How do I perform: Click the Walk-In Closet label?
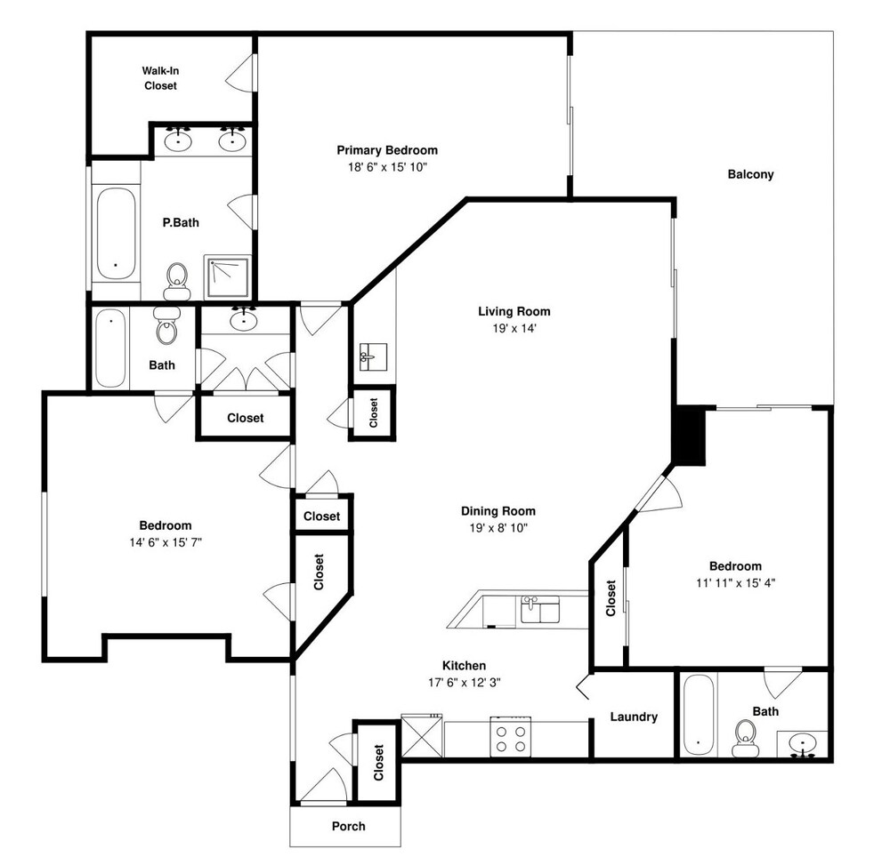click(160, 78)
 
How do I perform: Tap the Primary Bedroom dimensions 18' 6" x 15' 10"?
click(387, 167)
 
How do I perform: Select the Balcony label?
click(750, 174)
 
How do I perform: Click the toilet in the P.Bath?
click(177, 281)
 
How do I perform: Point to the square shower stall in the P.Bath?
click(228, 277)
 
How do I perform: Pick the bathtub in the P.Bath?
click(116, 233)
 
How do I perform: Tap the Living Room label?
click(514, 311)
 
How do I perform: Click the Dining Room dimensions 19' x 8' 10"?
click(498, 528)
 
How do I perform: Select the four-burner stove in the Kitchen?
click(510, 737)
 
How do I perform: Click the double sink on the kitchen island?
click(540, 610)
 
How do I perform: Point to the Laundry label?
click(634, 717)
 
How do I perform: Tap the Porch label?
click(349, 827)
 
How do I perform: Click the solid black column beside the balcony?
click(689, 436)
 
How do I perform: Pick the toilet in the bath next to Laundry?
click(745, 738)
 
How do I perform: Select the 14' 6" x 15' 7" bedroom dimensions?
click(166, 542)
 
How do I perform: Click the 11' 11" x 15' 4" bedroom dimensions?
click(736, 582)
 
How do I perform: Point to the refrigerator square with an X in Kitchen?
click(422, 736)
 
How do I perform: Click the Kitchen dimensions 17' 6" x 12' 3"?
click(465, 683)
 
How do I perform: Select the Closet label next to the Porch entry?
click(378, 763)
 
